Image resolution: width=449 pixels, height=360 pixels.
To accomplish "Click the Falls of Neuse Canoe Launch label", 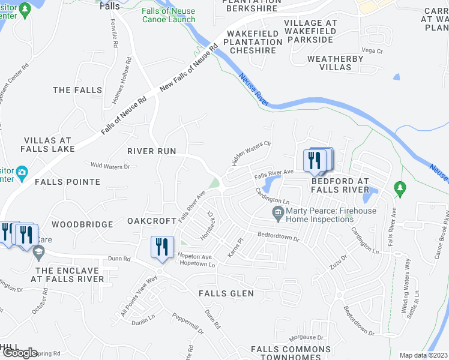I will [x=169, y=15].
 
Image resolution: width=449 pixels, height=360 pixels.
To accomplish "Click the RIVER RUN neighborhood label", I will [x=152, y=151].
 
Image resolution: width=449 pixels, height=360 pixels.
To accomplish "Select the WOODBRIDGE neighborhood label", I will [x=82, y=224].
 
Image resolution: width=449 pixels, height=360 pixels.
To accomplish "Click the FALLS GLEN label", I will [x=227, y=293].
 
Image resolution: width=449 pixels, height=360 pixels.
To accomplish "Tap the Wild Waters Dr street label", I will [x=109, y=166].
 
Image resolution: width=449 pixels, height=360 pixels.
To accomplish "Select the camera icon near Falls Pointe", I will [x=22, y=173].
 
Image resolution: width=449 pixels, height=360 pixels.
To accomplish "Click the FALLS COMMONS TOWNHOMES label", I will [x=291, y=353].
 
